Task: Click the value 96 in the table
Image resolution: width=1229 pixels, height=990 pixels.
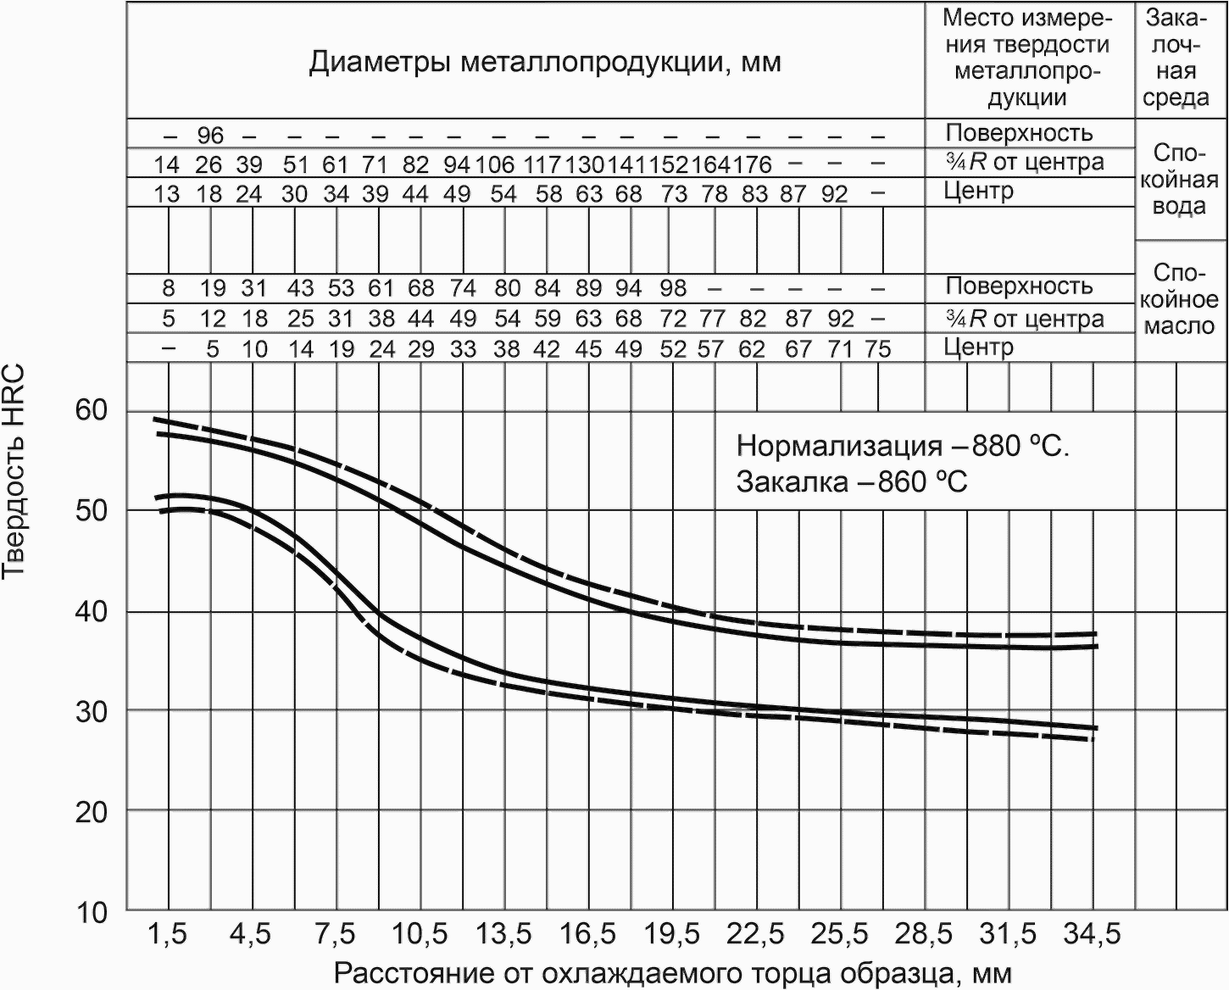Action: [210, 136]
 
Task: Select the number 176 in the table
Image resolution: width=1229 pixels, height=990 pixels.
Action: [752, 165]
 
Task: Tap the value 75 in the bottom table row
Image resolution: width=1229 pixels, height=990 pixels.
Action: [878, 349]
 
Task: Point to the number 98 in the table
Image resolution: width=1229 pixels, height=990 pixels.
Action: [673, 288]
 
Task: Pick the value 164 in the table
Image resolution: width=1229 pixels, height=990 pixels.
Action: [712, 165]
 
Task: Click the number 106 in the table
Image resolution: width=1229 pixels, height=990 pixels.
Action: [495, 165]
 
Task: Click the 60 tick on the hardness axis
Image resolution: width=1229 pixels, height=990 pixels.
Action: [92, 411]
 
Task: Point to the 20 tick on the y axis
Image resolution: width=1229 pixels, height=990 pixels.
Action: [92, 812]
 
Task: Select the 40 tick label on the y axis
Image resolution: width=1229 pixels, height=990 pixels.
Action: [92, 612]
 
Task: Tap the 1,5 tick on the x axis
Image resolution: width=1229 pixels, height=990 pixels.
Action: [167, 935]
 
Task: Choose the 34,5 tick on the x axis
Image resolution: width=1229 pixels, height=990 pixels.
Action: [1093, 935]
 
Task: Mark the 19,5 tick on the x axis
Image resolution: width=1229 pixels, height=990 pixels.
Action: [671, 935]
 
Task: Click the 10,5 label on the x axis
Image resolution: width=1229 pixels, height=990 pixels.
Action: [420, 935]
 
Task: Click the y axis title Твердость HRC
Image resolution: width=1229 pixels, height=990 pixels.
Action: [13, 471]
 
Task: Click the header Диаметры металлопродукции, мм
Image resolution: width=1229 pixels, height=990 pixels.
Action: [545, 62]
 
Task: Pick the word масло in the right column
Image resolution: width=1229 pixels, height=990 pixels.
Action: [1179, 325]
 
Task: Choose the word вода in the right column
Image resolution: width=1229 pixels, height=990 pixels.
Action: [1178, 206]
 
